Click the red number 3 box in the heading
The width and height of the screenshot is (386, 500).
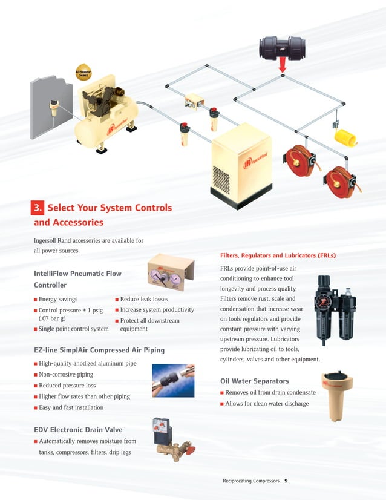point(38,208)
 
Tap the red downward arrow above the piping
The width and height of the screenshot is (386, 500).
point(281,66)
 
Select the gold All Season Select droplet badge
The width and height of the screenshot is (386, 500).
point(83,73)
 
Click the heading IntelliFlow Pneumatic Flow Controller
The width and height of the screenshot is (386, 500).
point(77,279)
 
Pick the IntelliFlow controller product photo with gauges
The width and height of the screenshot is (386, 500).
point(170,275)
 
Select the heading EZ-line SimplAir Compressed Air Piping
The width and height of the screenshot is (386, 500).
point(99,350)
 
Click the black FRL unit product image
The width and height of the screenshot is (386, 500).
point(335,311)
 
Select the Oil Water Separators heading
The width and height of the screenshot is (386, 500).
point(254,381)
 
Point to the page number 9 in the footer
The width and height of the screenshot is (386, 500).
point(286,481)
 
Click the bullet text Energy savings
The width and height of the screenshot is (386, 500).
point(57,299)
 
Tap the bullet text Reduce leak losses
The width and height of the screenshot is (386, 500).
point(143,299)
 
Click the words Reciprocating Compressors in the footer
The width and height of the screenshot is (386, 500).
point(251,481)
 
